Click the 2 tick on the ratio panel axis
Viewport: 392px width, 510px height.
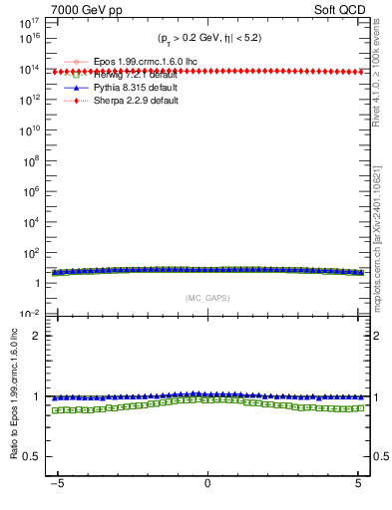pyautogui.click(x=42, y=336)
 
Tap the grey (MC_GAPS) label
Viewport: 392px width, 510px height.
pyautogui.click(x=206, y=298)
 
